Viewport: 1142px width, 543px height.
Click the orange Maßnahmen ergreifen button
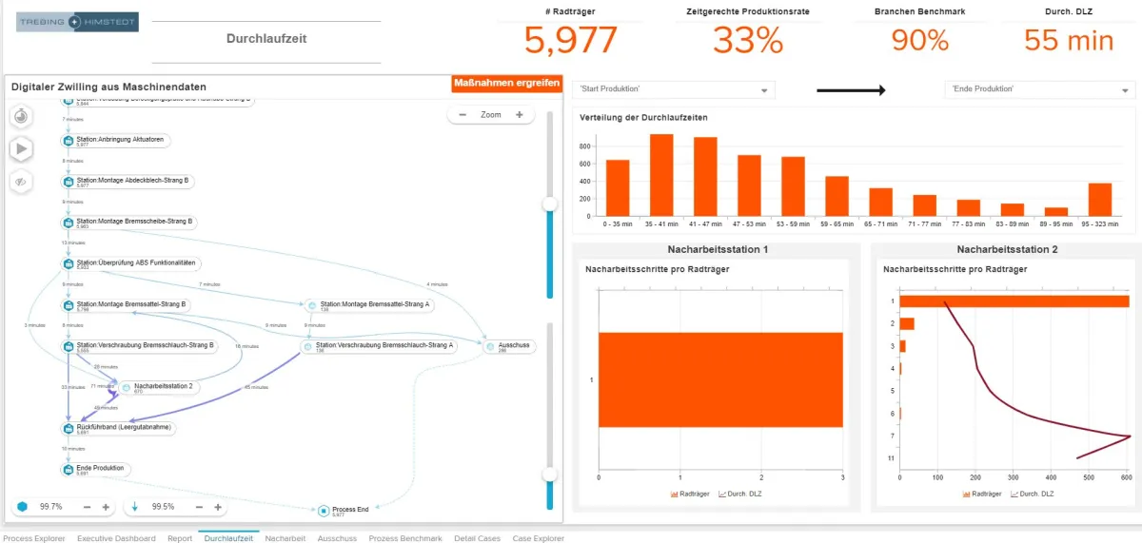(506, 83)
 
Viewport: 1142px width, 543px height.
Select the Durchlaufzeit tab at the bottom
(228, 538)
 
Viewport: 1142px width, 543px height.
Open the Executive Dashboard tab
(116, 538)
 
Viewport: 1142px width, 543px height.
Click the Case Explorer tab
(538, 538)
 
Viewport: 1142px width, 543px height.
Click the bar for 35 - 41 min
(661, 175)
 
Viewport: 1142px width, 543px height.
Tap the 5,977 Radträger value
(571, 41)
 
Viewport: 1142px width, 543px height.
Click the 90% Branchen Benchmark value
(920, 41)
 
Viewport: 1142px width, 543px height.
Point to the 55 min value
(1069, 41)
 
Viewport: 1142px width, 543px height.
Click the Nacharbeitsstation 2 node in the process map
(163, 386)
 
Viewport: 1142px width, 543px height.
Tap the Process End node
(349, 510)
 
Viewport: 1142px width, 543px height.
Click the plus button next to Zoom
(520, 115)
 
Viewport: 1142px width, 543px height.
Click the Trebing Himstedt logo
(77, 20)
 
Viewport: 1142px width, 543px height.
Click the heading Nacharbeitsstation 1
(718, 249)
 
